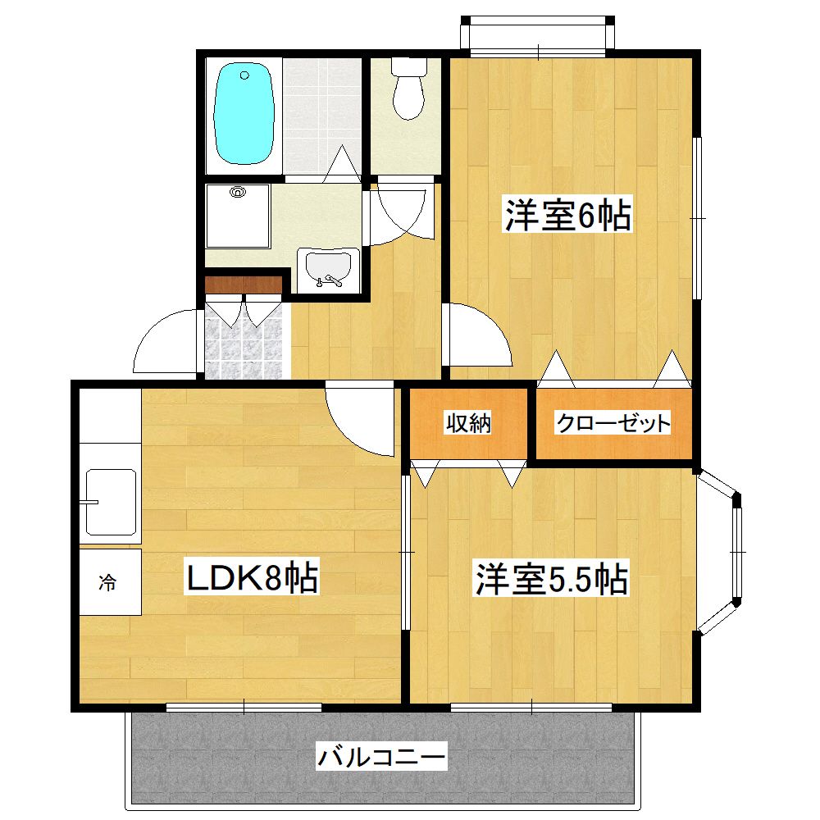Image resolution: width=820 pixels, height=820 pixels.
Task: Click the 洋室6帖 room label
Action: click(x=567, y=214)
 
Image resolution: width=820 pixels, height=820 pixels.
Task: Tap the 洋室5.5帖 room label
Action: click(x=552, y=579)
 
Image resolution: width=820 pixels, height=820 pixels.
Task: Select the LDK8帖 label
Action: click(x=252, y=577)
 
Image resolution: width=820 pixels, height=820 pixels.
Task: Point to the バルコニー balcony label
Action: click(x=381, y=757)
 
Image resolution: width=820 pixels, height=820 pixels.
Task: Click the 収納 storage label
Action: click(x=468, y=422)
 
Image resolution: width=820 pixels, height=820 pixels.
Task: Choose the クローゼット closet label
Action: click(x=613, y=423)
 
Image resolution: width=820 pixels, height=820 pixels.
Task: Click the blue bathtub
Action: click(x=244, y=113)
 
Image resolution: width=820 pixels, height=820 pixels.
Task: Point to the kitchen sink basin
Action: click(x=111, y=502)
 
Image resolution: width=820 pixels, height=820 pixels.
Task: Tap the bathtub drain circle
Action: click(x=244, y=75)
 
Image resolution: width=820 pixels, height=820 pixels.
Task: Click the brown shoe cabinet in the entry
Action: click(x=244, y=285)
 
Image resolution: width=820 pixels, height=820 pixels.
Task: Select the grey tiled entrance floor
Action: click(x=244, y=341)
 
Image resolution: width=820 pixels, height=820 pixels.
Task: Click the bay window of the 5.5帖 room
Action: click(x=719, y=552)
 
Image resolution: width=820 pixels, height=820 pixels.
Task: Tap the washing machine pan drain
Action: click(x=238, y=192)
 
